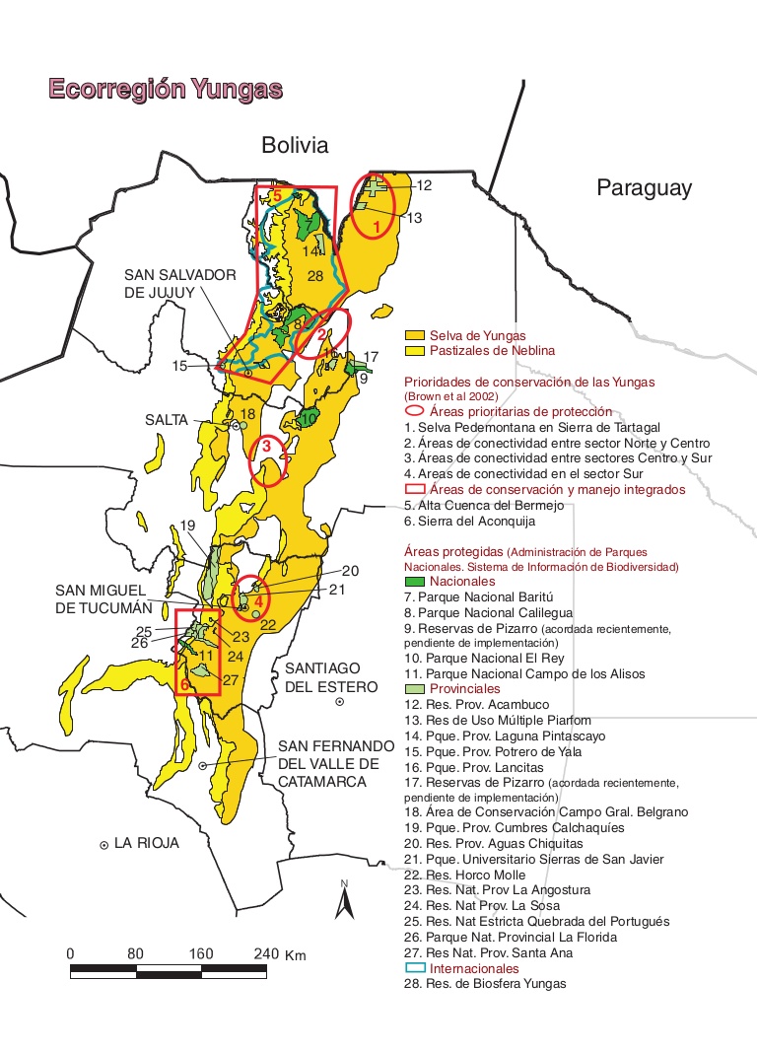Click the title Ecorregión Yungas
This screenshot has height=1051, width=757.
click(x=166, y=90)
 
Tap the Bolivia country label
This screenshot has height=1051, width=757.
click(x=294, y=146)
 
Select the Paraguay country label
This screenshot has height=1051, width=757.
click(x=644, y=188)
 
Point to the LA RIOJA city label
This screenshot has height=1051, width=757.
click(x=147, y=844)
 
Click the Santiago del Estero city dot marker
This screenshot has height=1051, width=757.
click(x=340, y=702)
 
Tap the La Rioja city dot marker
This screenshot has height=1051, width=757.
click(x=103, y=845)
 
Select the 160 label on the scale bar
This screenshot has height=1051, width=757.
click(x=202, y=954)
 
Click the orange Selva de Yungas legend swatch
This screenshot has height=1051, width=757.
click(x=415, y=336)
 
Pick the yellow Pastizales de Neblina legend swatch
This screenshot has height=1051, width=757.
click(x=415, y=351)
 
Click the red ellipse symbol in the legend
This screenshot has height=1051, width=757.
click(x=415, y=412)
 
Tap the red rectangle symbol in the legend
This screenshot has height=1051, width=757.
click(x=415, y=489)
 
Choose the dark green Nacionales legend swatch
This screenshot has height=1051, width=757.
click(x=415, y=582)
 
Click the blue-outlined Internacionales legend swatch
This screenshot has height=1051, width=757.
click(x=415, y=969)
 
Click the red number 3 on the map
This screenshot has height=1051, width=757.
click(x=266, y=447)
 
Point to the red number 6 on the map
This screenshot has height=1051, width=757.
click(x=184, y=684)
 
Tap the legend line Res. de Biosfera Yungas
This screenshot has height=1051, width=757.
click(x=485, y=984)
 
